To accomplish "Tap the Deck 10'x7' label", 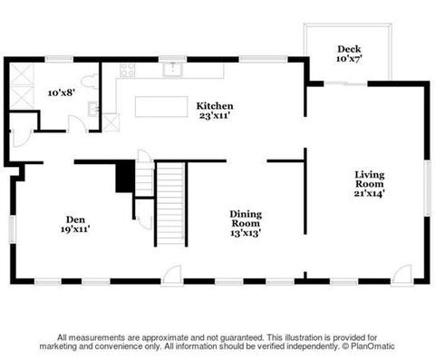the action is point(349,54).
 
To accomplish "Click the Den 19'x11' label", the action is point(75,224).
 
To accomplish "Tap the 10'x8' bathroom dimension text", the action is point(62,92).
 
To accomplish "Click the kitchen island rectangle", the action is point(161,106).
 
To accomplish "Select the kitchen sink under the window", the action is point(172,69).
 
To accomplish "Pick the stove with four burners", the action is point(128,70).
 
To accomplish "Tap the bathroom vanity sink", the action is point(93,109).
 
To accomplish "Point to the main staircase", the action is point(170,203).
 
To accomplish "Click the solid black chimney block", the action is point(125,177).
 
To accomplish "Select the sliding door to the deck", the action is point(345,83).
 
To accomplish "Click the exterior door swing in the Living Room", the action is point(401,275).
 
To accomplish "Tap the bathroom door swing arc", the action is point(77,123).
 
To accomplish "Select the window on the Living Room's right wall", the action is point(427,188).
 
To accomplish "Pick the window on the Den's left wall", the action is point(13,229).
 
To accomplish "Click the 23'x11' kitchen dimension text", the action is point(215,115).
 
